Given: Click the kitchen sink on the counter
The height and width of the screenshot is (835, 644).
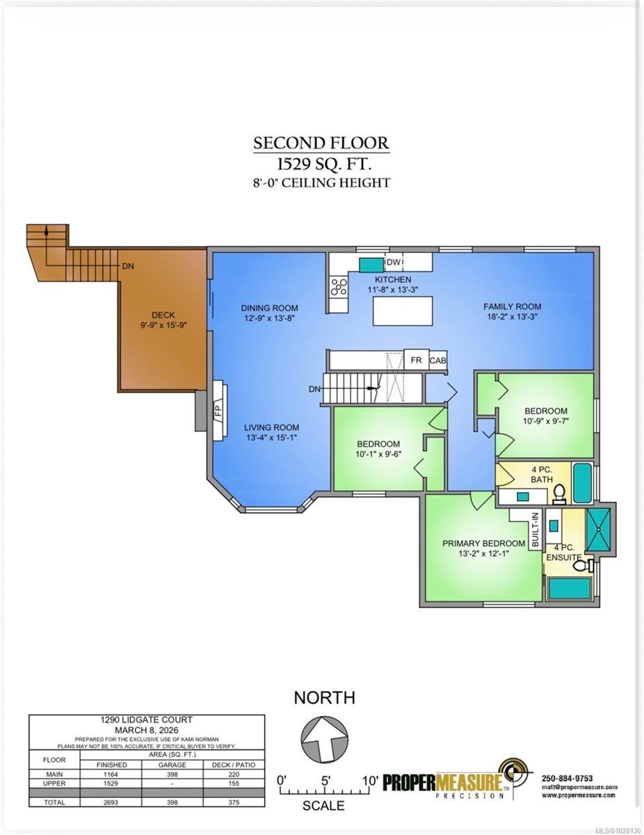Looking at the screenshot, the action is (x=371, y=264).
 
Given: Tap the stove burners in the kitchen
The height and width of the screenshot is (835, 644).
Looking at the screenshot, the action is (x=338, y=286).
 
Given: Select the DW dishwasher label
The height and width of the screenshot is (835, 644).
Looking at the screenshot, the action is (x=393, y=262).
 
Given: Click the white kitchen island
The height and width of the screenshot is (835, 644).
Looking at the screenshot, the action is (x=402, y=311).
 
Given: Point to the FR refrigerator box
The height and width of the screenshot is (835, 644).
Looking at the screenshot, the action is (x=417, y=360).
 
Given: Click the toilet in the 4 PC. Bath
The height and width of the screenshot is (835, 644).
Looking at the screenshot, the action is (x=558, y=494).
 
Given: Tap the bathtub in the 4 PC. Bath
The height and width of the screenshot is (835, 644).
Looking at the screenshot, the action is (x=583, y=483).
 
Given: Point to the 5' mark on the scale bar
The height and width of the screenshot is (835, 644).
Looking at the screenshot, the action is (x=325, y=781).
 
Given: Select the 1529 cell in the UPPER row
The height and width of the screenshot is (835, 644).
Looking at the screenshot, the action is (x=111, y=783).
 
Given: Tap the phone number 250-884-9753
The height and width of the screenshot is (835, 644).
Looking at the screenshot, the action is (x=567, y=779).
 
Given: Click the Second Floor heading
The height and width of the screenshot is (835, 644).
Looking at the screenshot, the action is (x=321, y=143).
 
